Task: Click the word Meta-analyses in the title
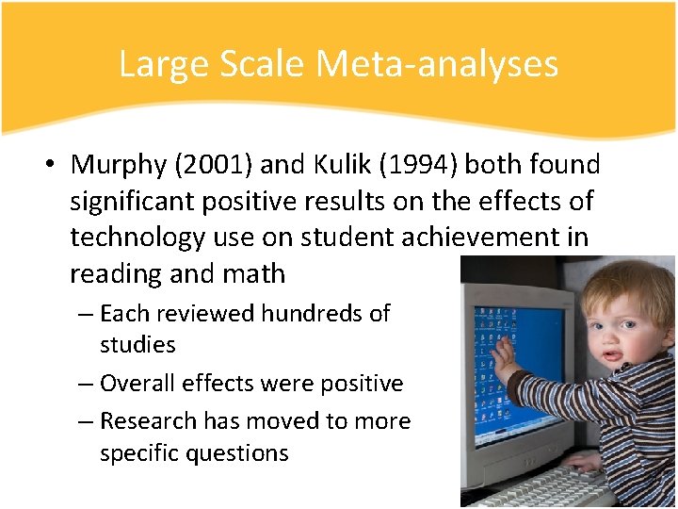pyautogui.click(x=437, y=64)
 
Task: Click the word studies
pyautogui.click(x=137, y=345)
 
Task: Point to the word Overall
pyautogui.click(x=137, y=384)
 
